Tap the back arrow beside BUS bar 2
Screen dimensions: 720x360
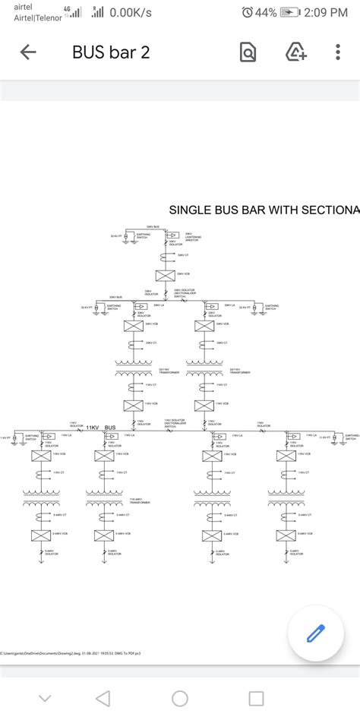28,52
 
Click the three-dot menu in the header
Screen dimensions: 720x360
338,52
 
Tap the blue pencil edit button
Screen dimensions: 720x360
315,633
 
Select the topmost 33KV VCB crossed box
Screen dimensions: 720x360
166,276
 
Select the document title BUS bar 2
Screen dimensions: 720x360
111,52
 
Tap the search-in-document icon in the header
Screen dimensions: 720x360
248,52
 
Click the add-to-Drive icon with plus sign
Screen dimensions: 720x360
295,52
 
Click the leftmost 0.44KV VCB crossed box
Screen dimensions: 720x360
40,535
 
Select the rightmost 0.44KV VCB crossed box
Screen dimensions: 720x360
286,535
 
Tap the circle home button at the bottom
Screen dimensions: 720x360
180,698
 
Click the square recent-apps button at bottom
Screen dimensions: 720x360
257,698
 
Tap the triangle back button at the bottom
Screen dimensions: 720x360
103,698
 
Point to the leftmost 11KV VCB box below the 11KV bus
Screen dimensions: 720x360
40,455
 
